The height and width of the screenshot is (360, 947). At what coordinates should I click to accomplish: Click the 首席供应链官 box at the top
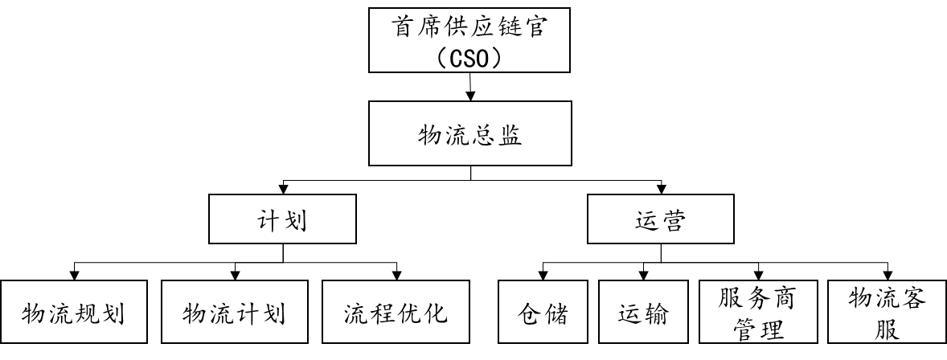click(x=469, y=39)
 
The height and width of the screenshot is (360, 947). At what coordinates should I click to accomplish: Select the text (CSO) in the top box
click(x=469, y=57)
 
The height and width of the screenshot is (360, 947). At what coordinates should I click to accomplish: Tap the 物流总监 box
click(x=469, y=133)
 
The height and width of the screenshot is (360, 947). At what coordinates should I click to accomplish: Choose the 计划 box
click(x=282, y=219)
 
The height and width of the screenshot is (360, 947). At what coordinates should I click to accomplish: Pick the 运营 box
click(x=660, y=219)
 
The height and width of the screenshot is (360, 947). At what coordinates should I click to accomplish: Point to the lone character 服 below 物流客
click(x=887, y=329)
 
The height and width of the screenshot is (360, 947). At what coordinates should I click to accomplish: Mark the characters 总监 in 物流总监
click(x=496, y=135)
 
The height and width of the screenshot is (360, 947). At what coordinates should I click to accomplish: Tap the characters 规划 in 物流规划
click(x=100, y=313)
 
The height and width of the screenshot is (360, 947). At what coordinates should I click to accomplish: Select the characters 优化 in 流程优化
click(x=421, y=313)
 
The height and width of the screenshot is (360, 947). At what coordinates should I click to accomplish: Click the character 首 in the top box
click(x=404, y=28)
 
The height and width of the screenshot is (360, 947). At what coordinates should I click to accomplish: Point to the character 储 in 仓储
click(x=556, y=313)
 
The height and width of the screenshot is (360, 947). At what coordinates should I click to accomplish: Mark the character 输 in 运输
click(x=657, y=313)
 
